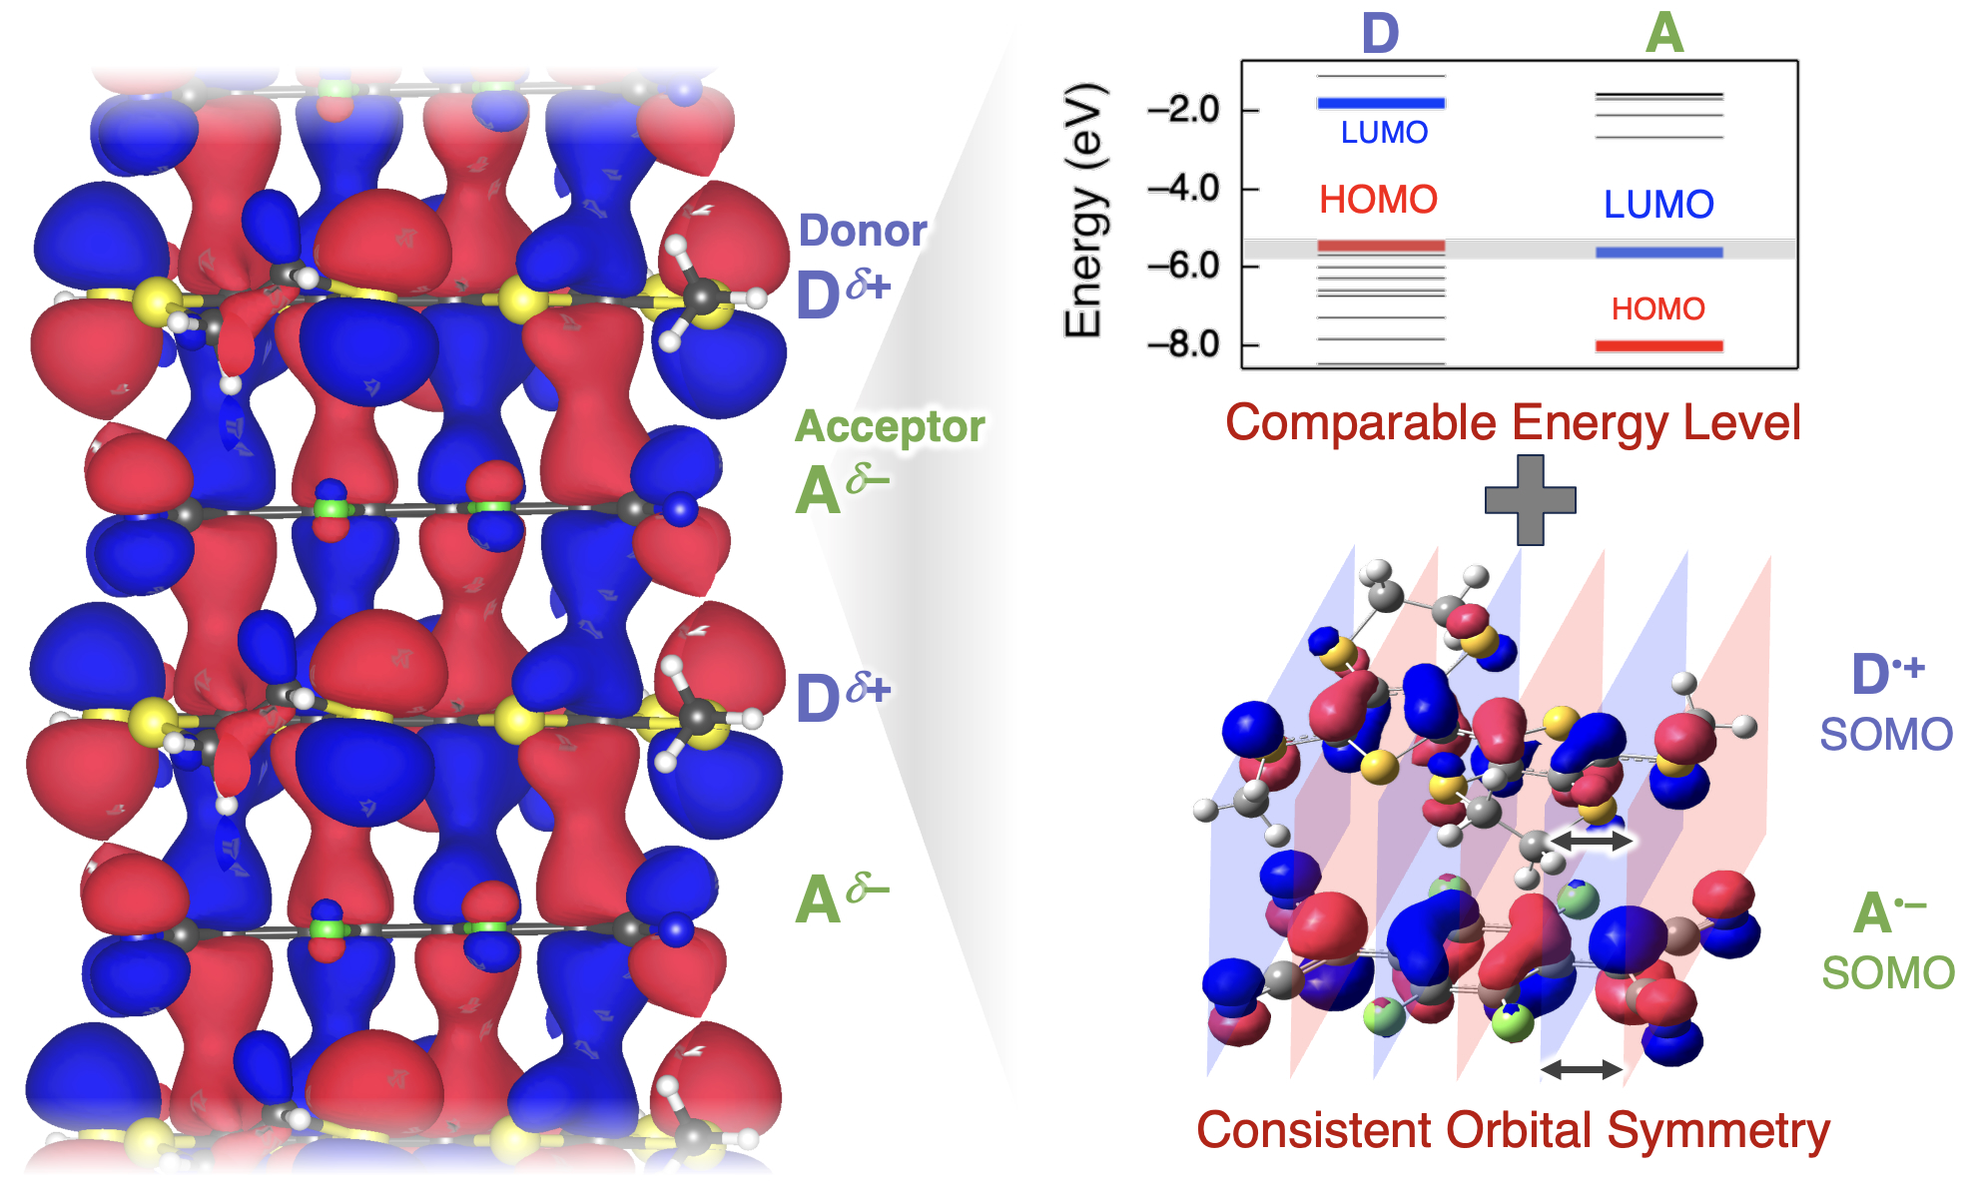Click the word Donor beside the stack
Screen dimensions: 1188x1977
point(863,231)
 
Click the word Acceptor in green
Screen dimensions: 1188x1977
point(890,426)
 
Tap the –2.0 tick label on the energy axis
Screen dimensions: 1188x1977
point(1183,109)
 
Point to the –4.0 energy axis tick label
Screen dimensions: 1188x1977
point(1183,188)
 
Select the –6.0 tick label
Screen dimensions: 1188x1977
point(1183,266)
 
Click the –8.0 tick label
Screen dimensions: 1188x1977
point(1183,344)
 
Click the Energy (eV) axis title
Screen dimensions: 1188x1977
point(1084,212)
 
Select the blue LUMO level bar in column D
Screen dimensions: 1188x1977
point(1381,103)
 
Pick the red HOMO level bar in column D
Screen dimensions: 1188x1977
point(1381,246)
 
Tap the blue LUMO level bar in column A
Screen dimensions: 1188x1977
point(1658,253)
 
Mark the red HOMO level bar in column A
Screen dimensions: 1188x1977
point(1658,346)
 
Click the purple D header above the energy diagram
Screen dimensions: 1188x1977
point(1381,34)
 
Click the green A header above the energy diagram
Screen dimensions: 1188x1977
point(1664,34)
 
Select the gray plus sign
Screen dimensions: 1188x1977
point(1530,500)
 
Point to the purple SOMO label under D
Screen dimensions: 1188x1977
point(1886,735)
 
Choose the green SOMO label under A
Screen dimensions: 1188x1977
point(1888,973)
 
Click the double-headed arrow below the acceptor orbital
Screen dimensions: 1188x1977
point(1581,1070)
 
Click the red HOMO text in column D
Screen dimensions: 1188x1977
point(1378,201)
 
